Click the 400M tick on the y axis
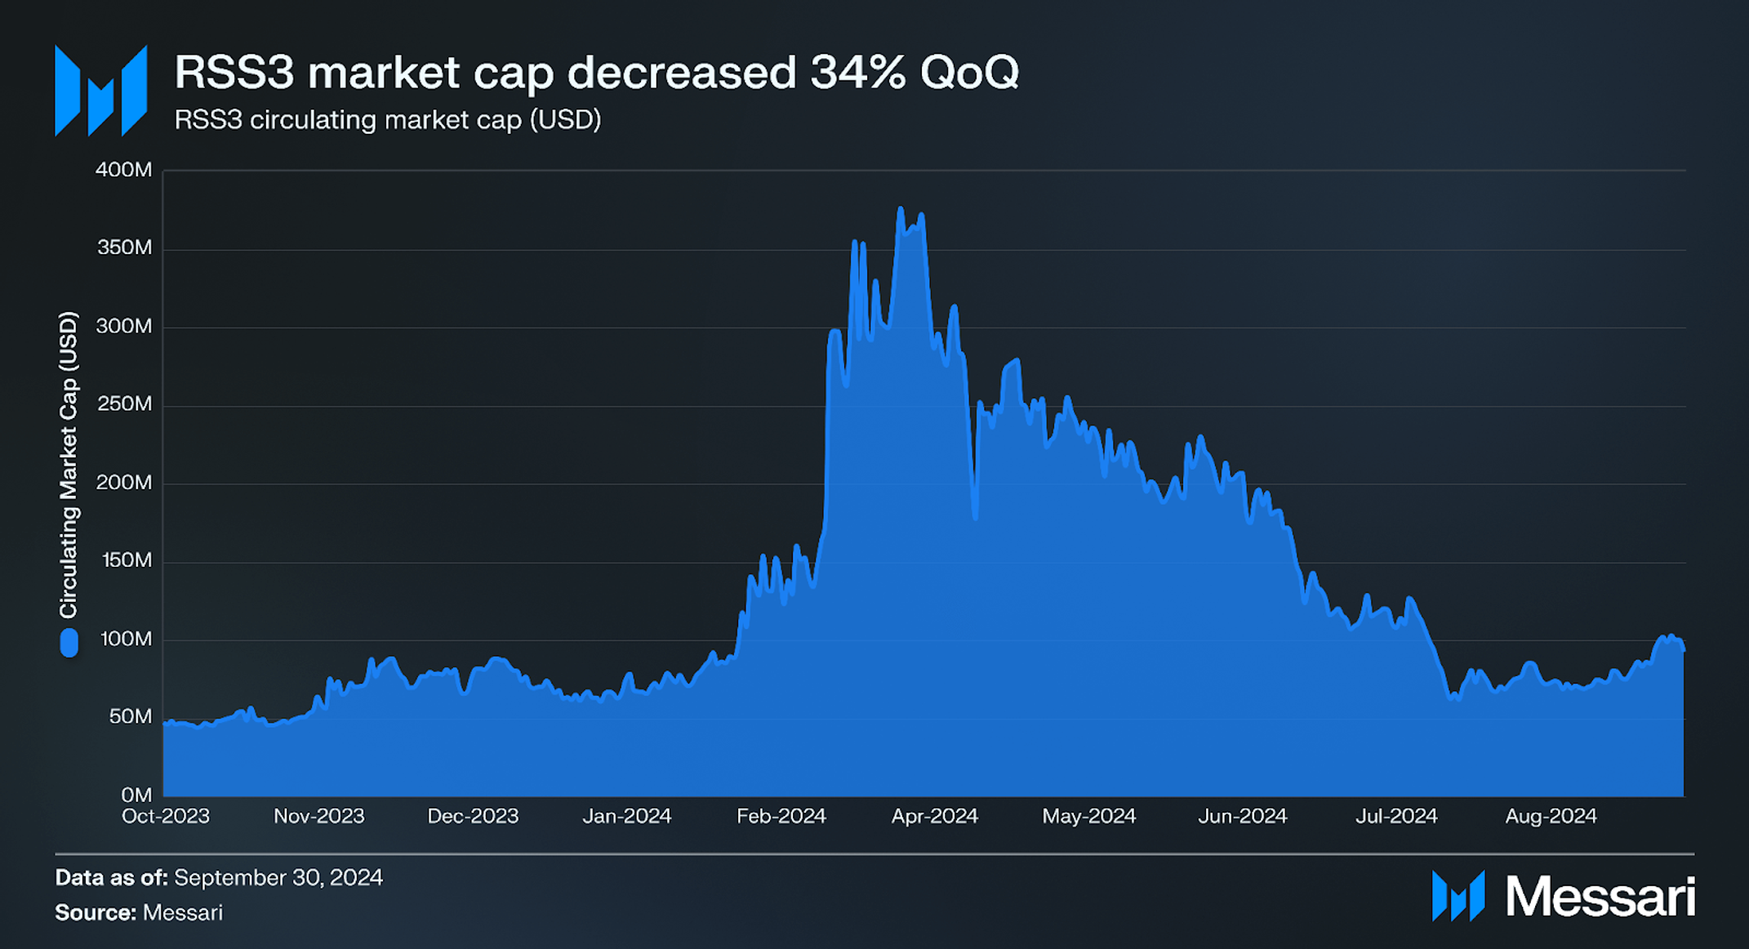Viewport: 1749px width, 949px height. [123, 170]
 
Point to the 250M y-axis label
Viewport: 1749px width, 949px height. [123, 404]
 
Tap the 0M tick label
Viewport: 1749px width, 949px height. [136, 795]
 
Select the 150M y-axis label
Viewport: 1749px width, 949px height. [127, 560]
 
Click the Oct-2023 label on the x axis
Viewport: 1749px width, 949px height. [166, 816]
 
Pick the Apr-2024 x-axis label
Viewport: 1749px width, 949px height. [934, 816]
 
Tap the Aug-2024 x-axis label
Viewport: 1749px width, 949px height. [1550, 816]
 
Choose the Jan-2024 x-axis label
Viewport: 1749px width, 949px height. [626, 816]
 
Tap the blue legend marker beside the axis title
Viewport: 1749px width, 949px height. [69, 643]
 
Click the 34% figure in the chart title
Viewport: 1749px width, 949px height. [857, 72]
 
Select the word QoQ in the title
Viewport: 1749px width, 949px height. [969, 72]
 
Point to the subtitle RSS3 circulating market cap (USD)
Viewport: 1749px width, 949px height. [388, 120]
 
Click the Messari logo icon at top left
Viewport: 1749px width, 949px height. [101, 91]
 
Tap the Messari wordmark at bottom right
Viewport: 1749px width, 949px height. [1599, 897]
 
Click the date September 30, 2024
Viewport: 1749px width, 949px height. [278, 878]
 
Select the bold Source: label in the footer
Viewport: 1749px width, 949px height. [96, 912]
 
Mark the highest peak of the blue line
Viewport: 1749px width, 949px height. [901, 209]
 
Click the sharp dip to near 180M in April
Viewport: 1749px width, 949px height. [975, 517]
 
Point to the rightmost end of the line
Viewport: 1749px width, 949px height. [1684, 650]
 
